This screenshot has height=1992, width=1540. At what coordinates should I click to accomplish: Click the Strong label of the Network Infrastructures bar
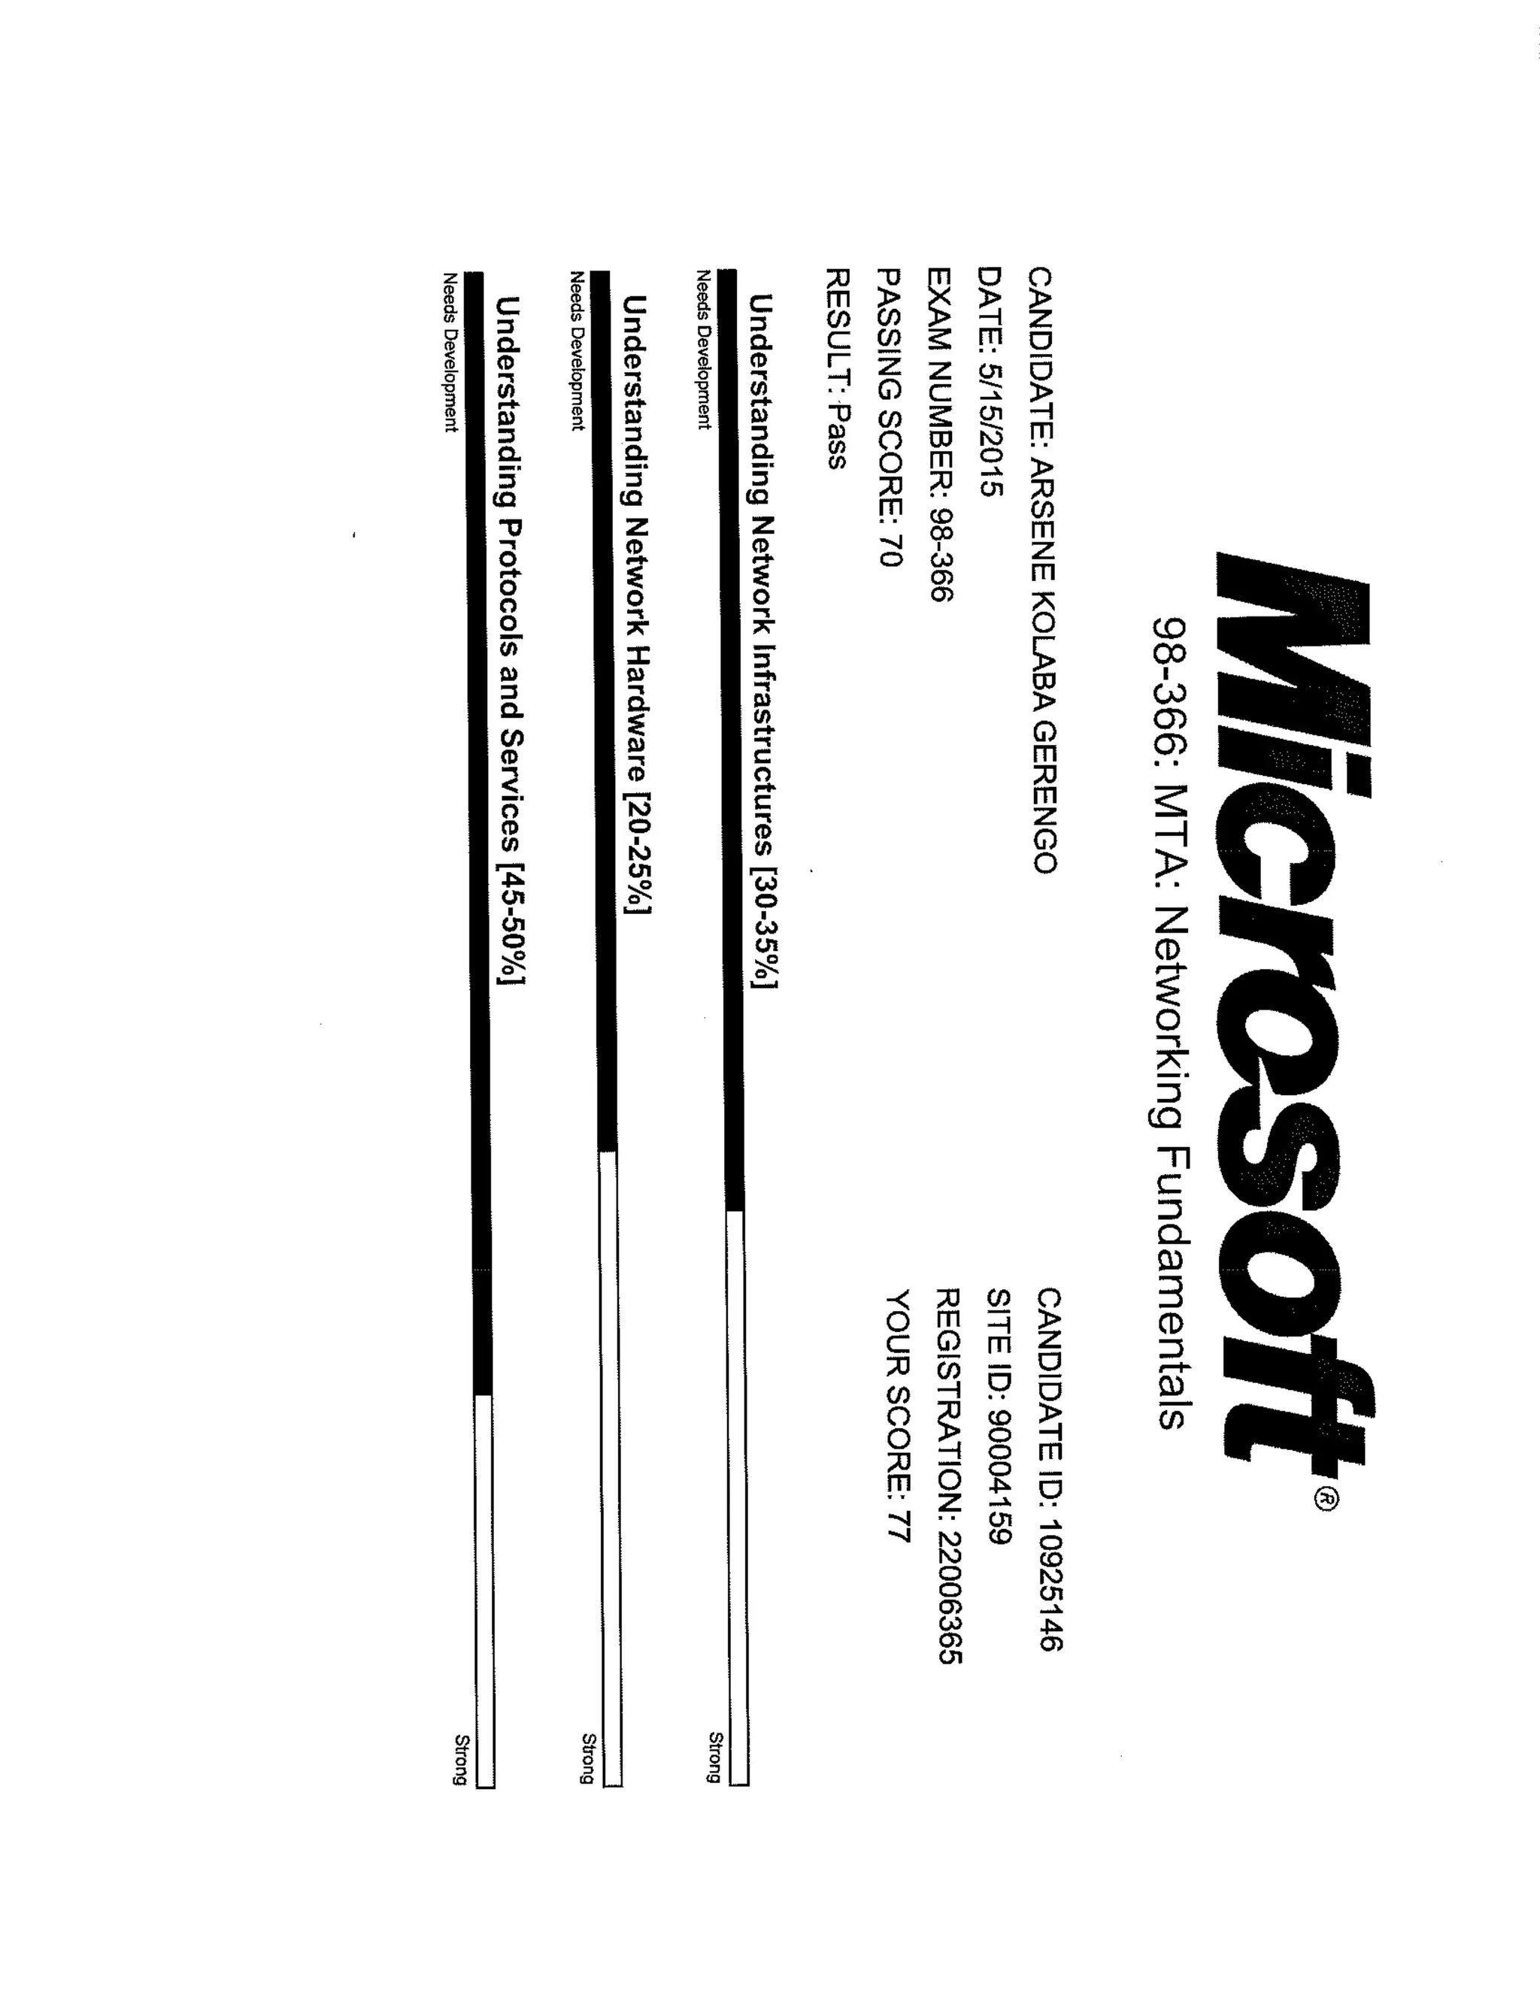pyautogui.click(x=716, y=1757)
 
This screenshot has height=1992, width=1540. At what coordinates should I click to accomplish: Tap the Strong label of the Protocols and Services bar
pyautogui.click(x=462, y=1758)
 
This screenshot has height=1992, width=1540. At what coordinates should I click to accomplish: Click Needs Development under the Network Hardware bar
pyautogui.click(x=577, y=350)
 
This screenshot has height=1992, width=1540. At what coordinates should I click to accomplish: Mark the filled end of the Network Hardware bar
pyautogui.click(x=607, y=1145)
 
